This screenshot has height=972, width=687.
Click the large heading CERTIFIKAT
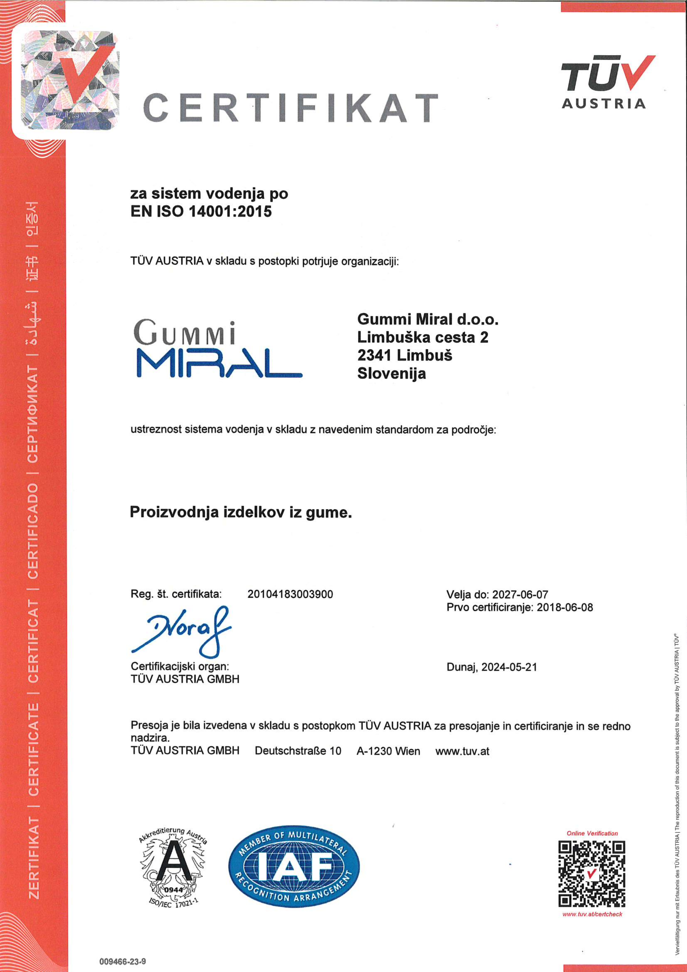pyautogui.click(x=290, y=108)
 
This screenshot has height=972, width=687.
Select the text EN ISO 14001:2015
pyautogui.click(x=201, y=211)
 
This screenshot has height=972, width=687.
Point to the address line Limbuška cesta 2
pyautogui.click(x=422, y=337)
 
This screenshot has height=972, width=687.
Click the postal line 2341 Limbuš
pyautogui.click(x=404, y=355)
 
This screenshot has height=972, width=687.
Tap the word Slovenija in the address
pyautogui.click(x=391, y=374)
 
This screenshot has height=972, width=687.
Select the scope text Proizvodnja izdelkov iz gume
pyautogui.click(x=240, y=513)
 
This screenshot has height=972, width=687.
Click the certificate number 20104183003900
pyautogui.click(x=290, y=594)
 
